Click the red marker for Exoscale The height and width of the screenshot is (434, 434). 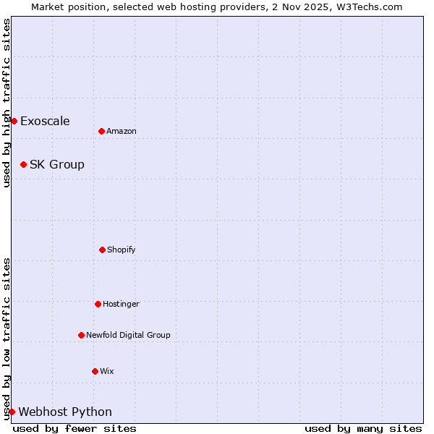(14, 121)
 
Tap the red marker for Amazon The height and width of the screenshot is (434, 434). (101, 131)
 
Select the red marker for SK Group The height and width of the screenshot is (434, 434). (23, 164)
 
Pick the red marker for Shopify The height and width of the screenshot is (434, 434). (102, 250)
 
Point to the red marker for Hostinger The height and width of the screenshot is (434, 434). (98, 304)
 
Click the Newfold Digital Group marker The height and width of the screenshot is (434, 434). (81, 335)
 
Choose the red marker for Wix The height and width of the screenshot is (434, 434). (95, 371)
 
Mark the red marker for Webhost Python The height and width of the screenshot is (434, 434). (12, 412)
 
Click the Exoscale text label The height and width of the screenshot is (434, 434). (45, 121)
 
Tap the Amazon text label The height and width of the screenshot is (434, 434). (122, 131)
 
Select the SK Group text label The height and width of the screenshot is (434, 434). (57, 164)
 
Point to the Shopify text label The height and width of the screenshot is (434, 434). (122, 250)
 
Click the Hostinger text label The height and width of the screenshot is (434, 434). (121, 304)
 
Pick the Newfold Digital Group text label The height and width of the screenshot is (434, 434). (128, 335)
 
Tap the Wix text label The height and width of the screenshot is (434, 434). (107, 371)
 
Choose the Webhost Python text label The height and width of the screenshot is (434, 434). (65, 412)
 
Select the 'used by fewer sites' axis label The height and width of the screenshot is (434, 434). (75, 428)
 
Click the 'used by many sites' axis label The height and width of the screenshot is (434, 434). (363, 428)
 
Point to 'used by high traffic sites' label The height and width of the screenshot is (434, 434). (7, 103)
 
